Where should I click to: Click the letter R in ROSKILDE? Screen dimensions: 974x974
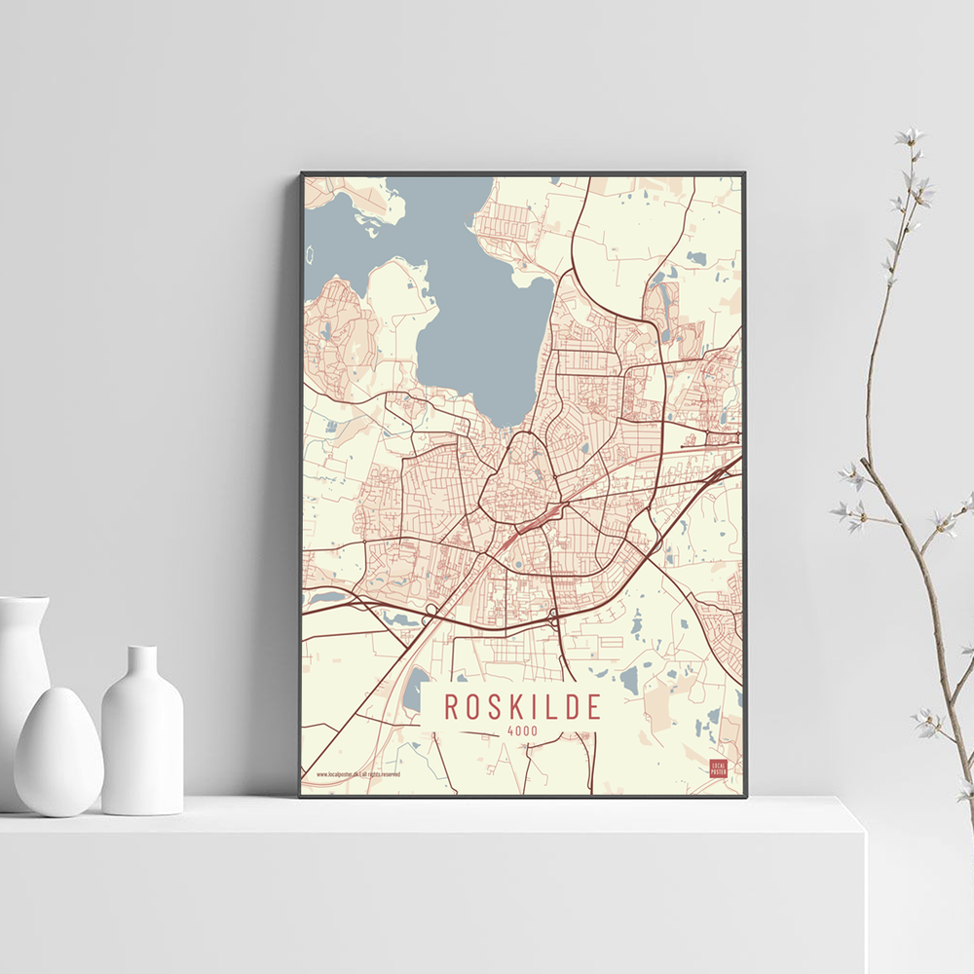click(451, 706)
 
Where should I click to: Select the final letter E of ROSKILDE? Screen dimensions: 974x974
click(594, 706)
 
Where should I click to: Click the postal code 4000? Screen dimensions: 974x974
click(522, 731)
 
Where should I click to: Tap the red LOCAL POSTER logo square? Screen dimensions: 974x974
click(718, 769)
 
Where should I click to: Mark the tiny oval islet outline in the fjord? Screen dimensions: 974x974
click(311, 255)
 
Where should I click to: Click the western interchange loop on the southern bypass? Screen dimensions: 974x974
click(431, 611)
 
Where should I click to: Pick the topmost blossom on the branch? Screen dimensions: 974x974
click(912, 136)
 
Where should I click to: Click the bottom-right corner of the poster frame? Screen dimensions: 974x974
click(745, 796)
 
